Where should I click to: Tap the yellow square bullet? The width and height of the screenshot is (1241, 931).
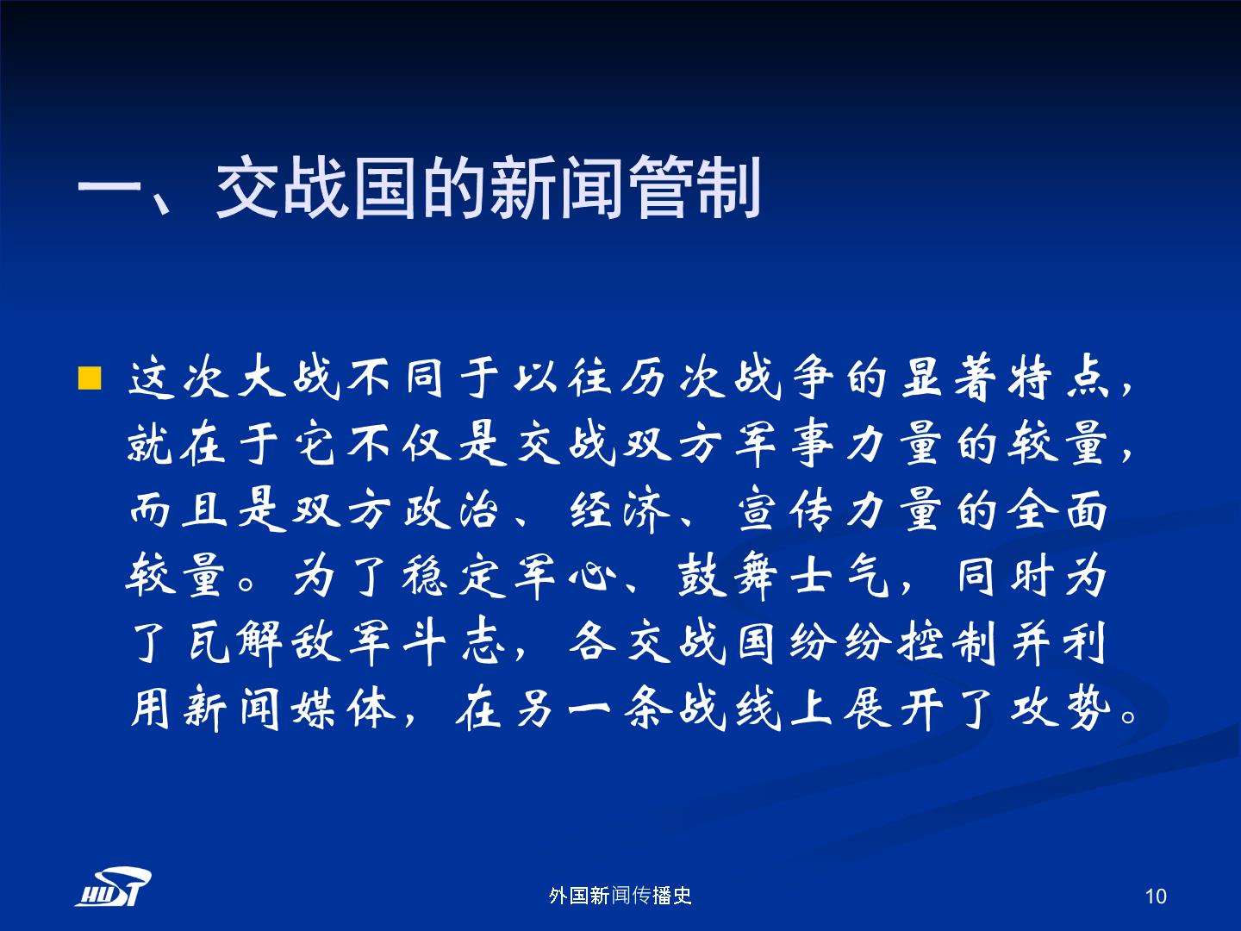[90, 378]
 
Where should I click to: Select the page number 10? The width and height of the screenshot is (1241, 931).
[1156, 896]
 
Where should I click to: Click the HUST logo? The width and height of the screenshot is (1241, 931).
[114, 886]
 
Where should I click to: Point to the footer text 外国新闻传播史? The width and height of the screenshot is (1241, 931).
[620, 896]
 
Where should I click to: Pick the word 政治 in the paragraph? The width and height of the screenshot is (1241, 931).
[451, 509]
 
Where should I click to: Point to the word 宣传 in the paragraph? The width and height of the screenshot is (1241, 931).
[784, 509]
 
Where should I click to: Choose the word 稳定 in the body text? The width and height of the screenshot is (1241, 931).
[451, 576]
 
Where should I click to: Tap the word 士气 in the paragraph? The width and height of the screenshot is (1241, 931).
[839, 576]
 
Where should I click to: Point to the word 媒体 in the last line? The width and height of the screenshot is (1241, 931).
[343, 709]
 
